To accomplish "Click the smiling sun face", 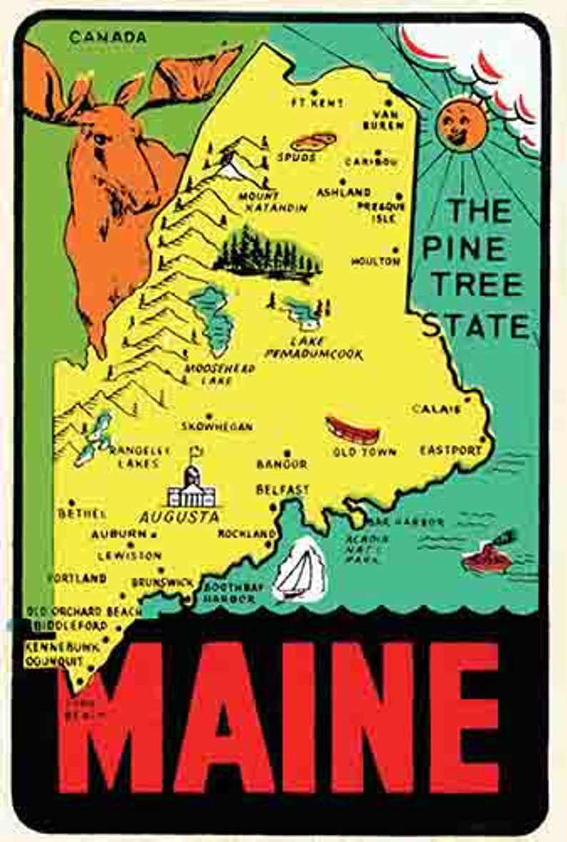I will pyautogui.click(x=458, y=123).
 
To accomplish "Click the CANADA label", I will pyautogui.click(x=108, y=37).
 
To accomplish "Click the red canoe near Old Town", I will pyautogui.click(x=351, y=430).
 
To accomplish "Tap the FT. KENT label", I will pyautogui.click(x=317, y=103).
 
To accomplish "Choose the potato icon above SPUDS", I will pyautogui.click(x=313, y=141).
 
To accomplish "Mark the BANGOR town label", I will pyautogui.click(x=282, y=465).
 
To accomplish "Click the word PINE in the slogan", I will pyautogui.click(x=463, y=248).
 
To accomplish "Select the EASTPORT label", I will pyautogui.click(x=451, y=450).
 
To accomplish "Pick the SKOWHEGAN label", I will pyautogui.click(x=217, y=427).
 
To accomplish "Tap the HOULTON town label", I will pyautogui.click(x=375, y=262).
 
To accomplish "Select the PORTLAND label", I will pyautogui.click(x=77, y=579).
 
